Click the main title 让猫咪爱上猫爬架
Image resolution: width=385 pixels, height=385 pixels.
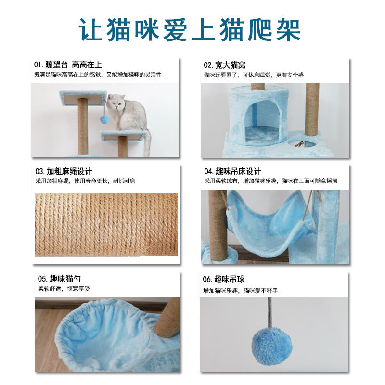click(x=190, y=30)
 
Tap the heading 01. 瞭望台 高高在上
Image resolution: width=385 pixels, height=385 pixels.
click(x=68, y=65)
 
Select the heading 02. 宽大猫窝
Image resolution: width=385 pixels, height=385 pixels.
click(x=224, y=65)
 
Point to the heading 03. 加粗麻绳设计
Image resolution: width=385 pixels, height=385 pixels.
click(x=64, y=171)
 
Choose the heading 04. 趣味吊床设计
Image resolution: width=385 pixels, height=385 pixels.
click(x=232, y=171)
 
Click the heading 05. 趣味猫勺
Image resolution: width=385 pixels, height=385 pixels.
click(x=59, y=279)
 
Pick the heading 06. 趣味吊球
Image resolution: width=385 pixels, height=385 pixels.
click(x=223, y=279)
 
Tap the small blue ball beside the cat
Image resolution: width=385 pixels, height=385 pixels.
click(x=104, y=120)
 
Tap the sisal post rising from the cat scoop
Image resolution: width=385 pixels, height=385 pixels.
click(x=167, y=318)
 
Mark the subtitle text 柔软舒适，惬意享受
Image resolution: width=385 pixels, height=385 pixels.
click(x=64, y=288)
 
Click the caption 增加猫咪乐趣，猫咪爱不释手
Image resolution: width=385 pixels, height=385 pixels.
click(x=240, y=291)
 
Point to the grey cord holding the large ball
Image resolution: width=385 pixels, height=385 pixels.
click(x=270, y=313)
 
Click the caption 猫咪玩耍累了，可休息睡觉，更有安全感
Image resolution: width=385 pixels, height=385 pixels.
click(x=254, y=75)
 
